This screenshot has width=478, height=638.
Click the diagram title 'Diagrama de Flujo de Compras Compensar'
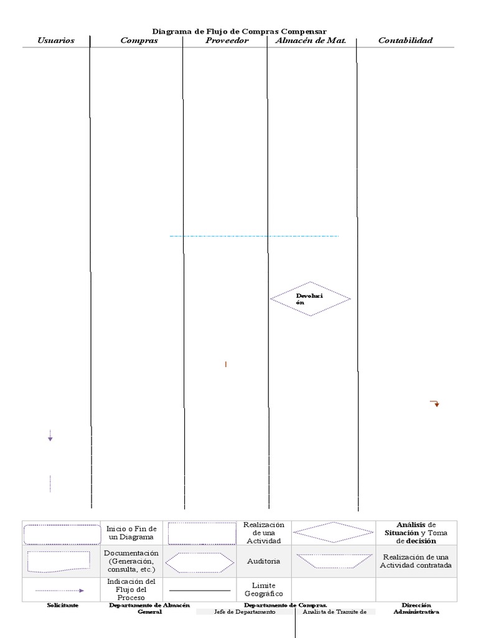pyautogui.click(x=239, y=31)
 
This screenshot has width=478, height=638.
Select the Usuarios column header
pyautogui.click(x=56, y=40)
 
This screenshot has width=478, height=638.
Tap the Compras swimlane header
pyautogui.click(x=139, y=40)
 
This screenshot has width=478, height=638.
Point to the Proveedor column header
pyautogui.click(x=227, y=40)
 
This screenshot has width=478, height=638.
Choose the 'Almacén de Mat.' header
pyautogui.click(x=311, y=40)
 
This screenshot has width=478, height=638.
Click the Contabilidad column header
pyautogui.click(x=405, y=40)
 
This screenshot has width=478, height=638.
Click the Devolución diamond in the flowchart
pyautogui.click(x=310, y=298)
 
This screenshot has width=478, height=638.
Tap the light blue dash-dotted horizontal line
pyautogui.click(x=254, y=236)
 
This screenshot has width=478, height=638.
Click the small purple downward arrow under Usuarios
pyautogui.click(x=50, y=436)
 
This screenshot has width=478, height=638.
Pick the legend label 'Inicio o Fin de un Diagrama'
pyautogui.click(x=131, y=533)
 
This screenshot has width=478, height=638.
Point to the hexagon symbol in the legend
pyautogui.click(x=200, y=563)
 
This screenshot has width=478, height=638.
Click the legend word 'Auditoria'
pyautogui.click(x=264, y=561)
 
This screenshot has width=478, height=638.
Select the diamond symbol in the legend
pyautogui.click(x=334, y=532)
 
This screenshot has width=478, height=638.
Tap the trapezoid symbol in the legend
pyautogui.click(x=334, y=561)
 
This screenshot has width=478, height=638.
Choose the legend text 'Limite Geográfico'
pyautogui.click(x=264, y=589)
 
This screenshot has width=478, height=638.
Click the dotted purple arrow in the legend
pyautogui.click(x=60, y=591)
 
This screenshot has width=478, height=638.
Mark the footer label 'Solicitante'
pyautogui.click(x=63, y=605)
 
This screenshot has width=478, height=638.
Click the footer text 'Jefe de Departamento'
pyautogui.click(x=245, y=612)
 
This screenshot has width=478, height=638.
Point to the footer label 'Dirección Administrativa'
pyautogui.click(x=416, y=608)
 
